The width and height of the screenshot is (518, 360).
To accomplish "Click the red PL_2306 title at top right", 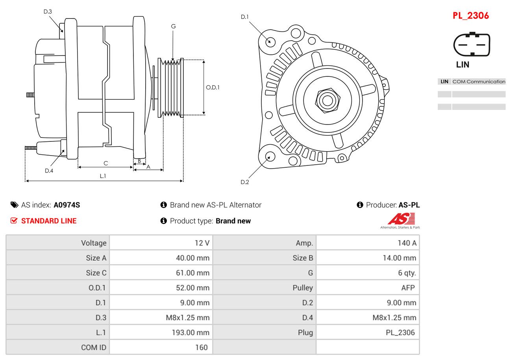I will pos(470,16).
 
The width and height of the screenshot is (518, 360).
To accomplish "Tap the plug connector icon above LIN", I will pos(472,45).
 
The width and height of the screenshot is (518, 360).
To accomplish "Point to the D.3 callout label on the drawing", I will pos(48,12).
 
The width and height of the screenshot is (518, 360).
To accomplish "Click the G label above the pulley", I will pos(173,26).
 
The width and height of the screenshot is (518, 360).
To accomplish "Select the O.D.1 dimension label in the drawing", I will pos(213,87).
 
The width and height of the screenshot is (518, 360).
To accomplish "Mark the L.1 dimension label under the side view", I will pos(103,176).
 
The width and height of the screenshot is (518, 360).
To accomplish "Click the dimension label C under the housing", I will pos(105,163).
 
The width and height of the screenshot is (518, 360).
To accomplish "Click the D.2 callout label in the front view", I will pos(244,182).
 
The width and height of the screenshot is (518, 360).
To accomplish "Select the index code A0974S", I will pos(67,205).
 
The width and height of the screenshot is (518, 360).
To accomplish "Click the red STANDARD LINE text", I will pos(49,221).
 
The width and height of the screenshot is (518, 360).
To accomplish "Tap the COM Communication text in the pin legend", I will pos(479,82).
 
